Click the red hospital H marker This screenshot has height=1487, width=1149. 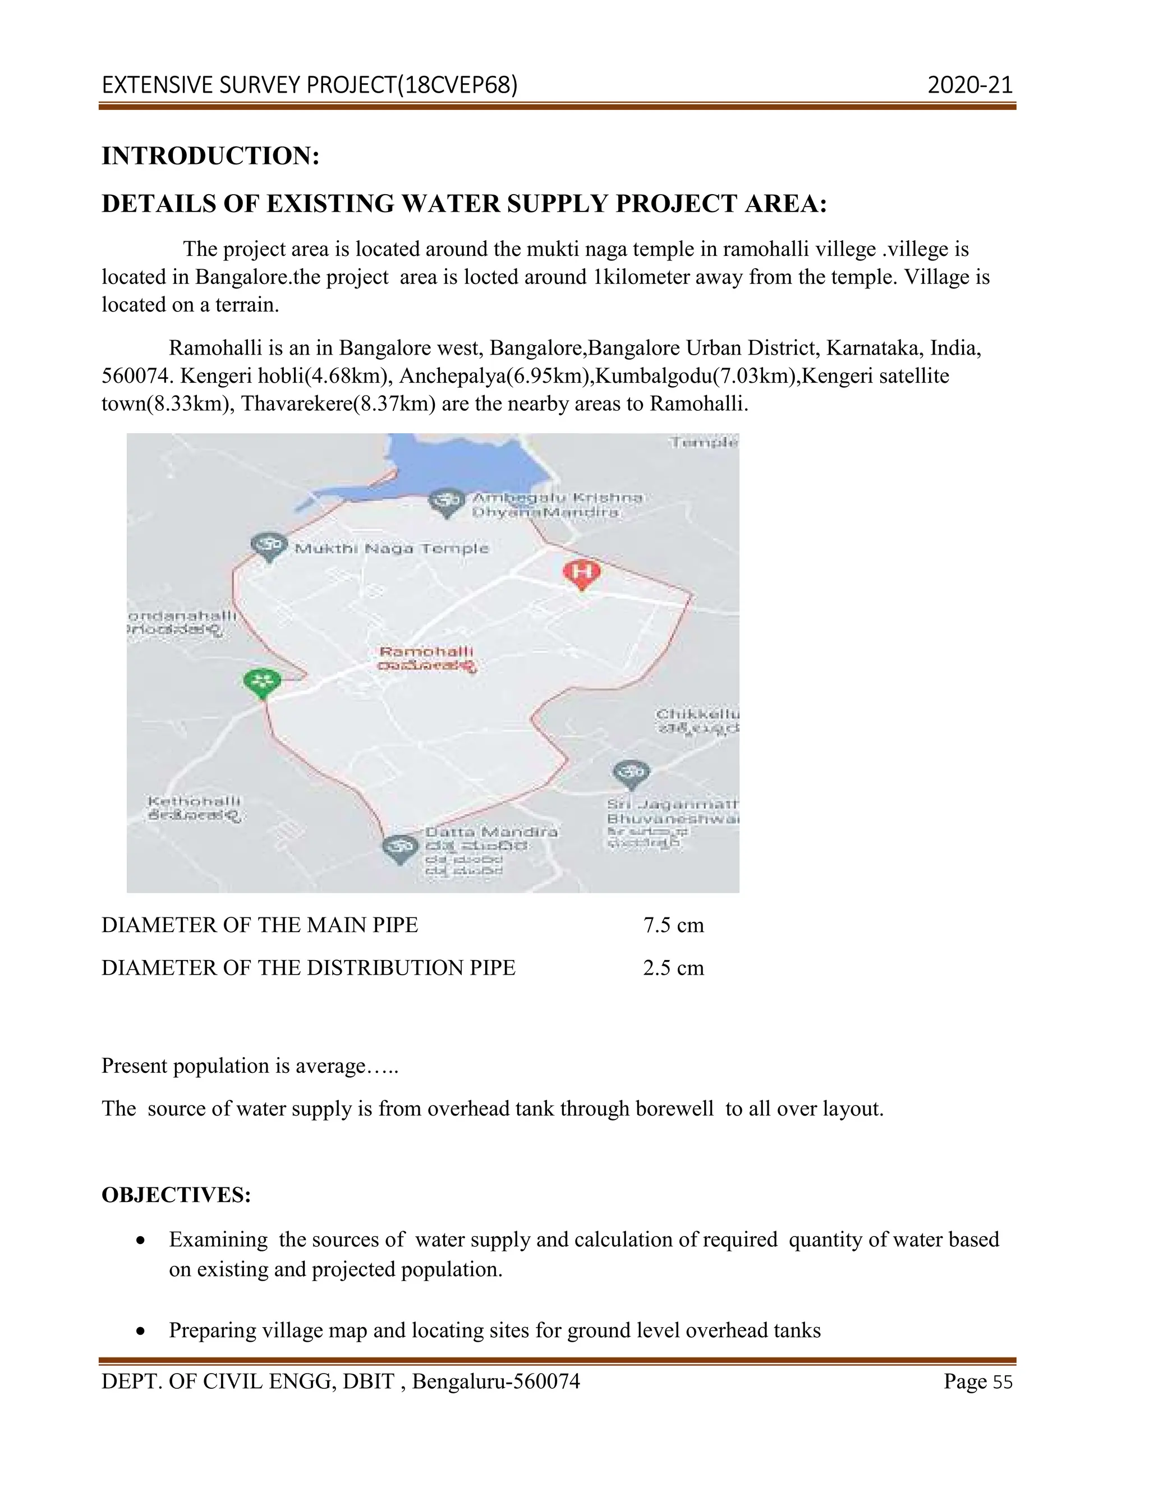[x=581, y=572]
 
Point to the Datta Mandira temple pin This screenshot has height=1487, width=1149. [x=400, y=848]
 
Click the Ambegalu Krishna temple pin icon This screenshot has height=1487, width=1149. [x=447, y=502]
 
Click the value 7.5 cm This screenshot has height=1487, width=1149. [x=673, y=925]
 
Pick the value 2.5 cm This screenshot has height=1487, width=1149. [x=673, y=967]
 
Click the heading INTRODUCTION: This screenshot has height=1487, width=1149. [x=210, y=156]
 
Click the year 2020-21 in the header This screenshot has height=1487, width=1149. [x=970, y=85]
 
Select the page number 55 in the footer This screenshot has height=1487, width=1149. [x=1003, y=1382]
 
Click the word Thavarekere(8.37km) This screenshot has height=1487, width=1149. [x=338, y=404]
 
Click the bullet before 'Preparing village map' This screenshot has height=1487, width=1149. [x=140, y=1330]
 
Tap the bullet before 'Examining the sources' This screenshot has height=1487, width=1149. [x=140, y=1241]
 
